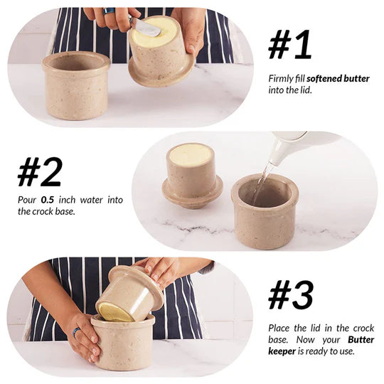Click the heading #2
(40, 171)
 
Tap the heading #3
(291, 295)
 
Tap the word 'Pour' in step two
(27, 200)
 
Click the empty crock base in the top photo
(75, 85)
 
